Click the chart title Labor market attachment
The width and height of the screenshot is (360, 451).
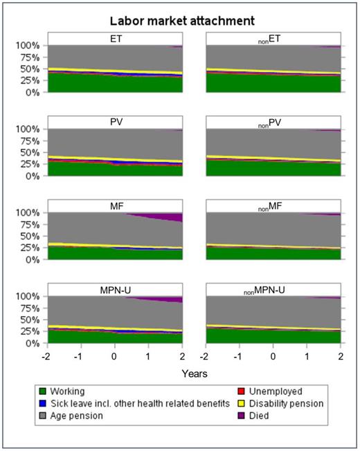[182, 21]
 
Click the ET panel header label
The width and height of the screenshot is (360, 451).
[114, 39]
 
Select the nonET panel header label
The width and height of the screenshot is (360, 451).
[272, 40]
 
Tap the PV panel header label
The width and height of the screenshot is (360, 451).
[114, 123]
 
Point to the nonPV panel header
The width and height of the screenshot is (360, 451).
[272, 124]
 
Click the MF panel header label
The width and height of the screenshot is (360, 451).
[114, 207]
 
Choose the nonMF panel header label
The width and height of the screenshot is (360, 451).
[272, 208]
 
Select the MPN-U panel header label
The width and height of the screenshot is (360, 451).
[114, 291]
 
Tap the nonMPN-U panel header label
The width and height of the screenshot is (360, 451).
[272, 291]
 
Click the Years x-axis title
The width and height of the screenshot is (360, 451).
[194, 373]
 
